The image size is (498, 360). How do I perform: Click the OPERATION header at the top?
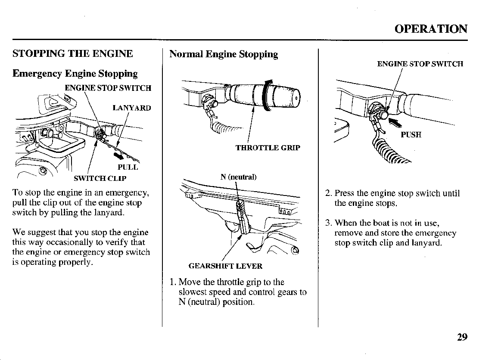431,29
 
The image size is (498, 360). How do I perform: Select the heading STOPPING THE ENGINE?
73,54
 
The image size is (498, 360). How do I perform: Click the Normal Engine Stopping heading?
224,54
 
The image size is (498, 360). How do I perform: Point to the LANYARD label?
131,108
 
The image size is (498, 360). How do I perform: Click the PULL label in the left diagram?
128,167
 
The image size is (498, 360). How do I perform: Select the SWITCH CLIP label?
100,178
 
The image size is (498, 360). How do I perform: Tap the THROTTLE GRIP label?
268,148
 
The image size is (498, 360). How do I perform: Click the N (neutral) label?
239,177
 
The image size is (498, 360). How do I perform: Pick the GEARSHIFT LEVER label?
225,266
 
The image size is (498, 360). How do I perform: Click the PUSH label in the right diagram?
411,135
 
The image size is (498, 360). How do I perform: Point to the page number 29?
462,337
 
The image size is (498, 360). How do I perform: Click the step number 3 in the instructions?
328,223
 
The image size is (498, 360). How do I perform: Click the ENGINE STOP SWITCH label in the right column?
420,64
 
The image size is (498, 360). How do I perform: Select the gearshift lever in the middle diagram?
242,215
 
